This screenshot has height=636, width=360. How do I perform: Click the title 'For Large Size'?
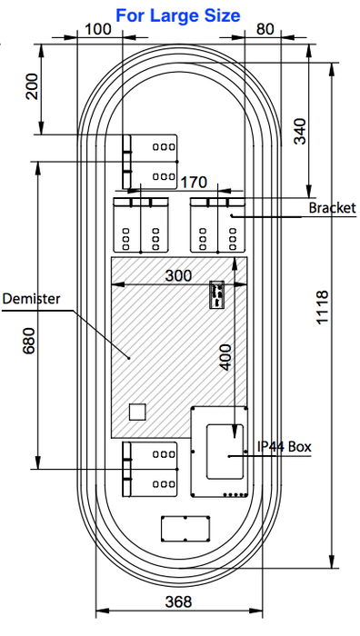pyautogui.click(x=178, y=15)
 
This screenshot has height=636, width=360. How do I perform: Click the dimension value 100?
pyautogui.click(x=98, y=29)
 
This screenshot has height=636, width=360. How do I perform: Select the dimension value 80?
pyautogui.click(x=265, y=29)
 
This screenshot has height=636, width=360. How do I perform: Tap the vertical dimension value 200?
pyautogui.click(x=32, y=86)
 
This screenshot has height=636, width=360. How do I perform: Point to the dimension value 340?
pyautogui.click(x=300, y=131)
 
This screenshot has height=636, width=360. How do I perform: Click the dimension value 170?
pyautogui.click(x=194, y=183)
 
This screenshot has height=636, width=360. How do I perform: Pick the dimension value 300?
pyautogui.click(x=178, y=276)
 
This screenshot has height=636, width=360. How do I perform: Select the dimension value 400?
pyautogui.click(x=225, y=357)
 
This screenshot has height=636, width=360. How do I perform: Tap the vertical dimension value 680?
pyautogui.click(x=29, y=341)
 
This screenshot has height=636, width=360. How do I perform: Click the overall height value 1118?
pyautogui.click(x=322, y=307)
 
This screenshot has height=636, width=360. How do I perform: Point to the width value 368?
pyautogui.click(x=178, y=601)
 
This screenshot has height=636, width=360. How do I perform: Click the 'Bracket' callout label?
pyautogui.click(x=332, y=208)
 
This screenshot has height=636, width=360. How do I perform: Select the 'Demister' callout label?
pyautogui.click(x=31, y=299)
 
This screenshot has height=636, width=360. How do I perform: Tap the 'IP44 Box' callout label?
pyautogui.click(x=285, y=447)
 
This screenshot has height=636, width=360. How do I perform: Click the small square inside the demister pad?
pyautogui.click(x=137, y=412)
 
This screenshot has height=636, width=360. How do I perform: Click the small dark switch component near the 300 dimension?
pyautogui.click(x=216, y=294)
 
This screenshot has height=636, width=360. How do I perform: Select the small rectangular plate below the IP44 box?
pyautogui.click(x=185, y=529)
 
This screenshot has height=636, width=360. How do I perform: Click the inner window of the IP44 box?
pyautogui.click(x=225, y=452)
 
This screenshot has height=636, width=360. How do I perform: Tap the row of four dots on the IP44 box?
pyautogui.click(x=235, y=495)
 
